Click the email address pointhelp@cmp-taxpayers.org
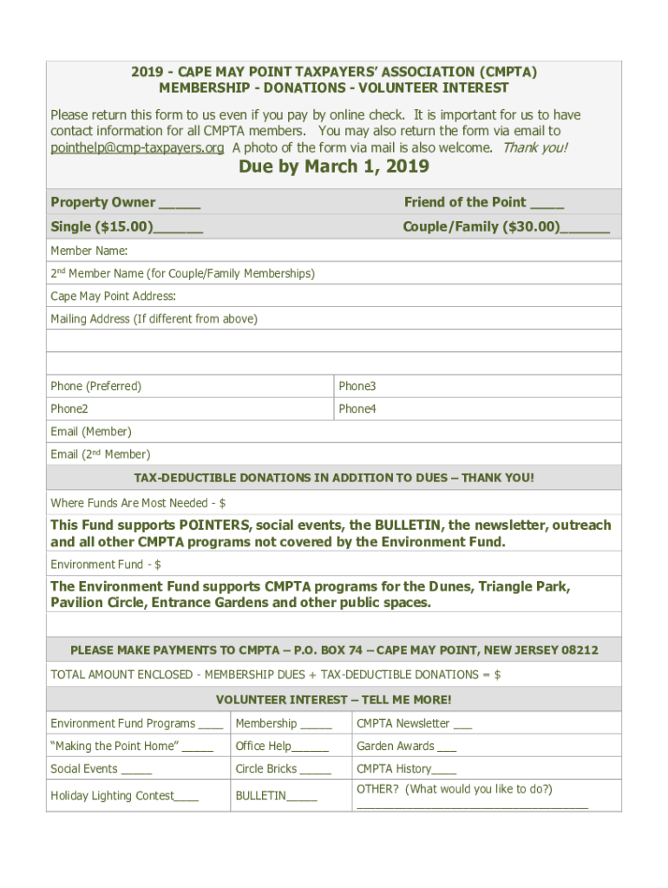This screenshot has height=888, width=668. [137, 147]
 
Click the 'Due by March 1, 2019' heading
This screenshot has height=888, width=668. [334, 167]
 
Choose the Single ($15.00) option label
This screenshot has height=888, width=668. [102, 227]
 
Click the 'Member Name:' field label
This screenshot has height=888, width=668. [88, 251]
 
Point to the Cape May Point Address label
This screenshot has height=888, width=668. [113, 297]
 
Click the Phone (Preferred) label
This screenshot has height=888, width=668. [95, 386]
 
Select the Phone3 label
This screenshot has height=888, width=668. [357, 386]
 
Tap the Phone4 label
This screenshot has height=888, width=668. [357, 408]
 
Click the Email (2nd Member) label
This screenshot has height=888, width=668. [100, 454]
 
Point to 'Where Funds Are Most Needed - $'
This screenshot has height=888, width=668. [138, 503]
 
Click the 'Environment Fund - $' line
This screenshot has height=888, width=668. [106, 565]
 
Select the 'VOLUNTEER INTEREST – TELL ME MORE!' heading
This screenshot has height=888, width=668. [334, 700]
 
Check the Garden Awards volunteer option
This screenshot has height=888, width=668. [406, 746]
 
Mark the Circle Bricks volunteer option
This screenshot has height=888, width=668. [283, 769]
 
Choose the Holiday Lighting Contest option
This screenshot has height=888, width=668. [124, 795]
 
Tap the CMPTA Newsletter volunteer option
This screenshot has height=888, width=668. [414, 723]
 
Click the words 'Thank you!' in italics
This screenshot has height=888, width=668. [535, 147]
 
